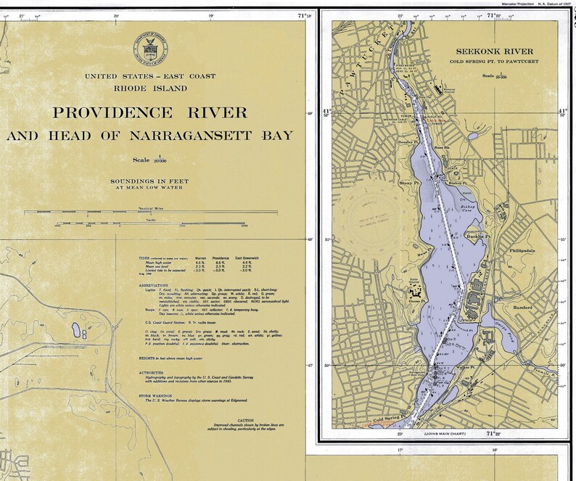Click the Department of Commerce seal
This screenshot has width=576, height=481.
pos(149,49)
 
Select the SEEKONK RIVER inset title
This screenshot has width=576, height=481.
pos(494,52)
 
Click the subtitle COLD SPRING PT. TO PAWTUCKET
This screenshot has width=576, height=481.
pos(494,62)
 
